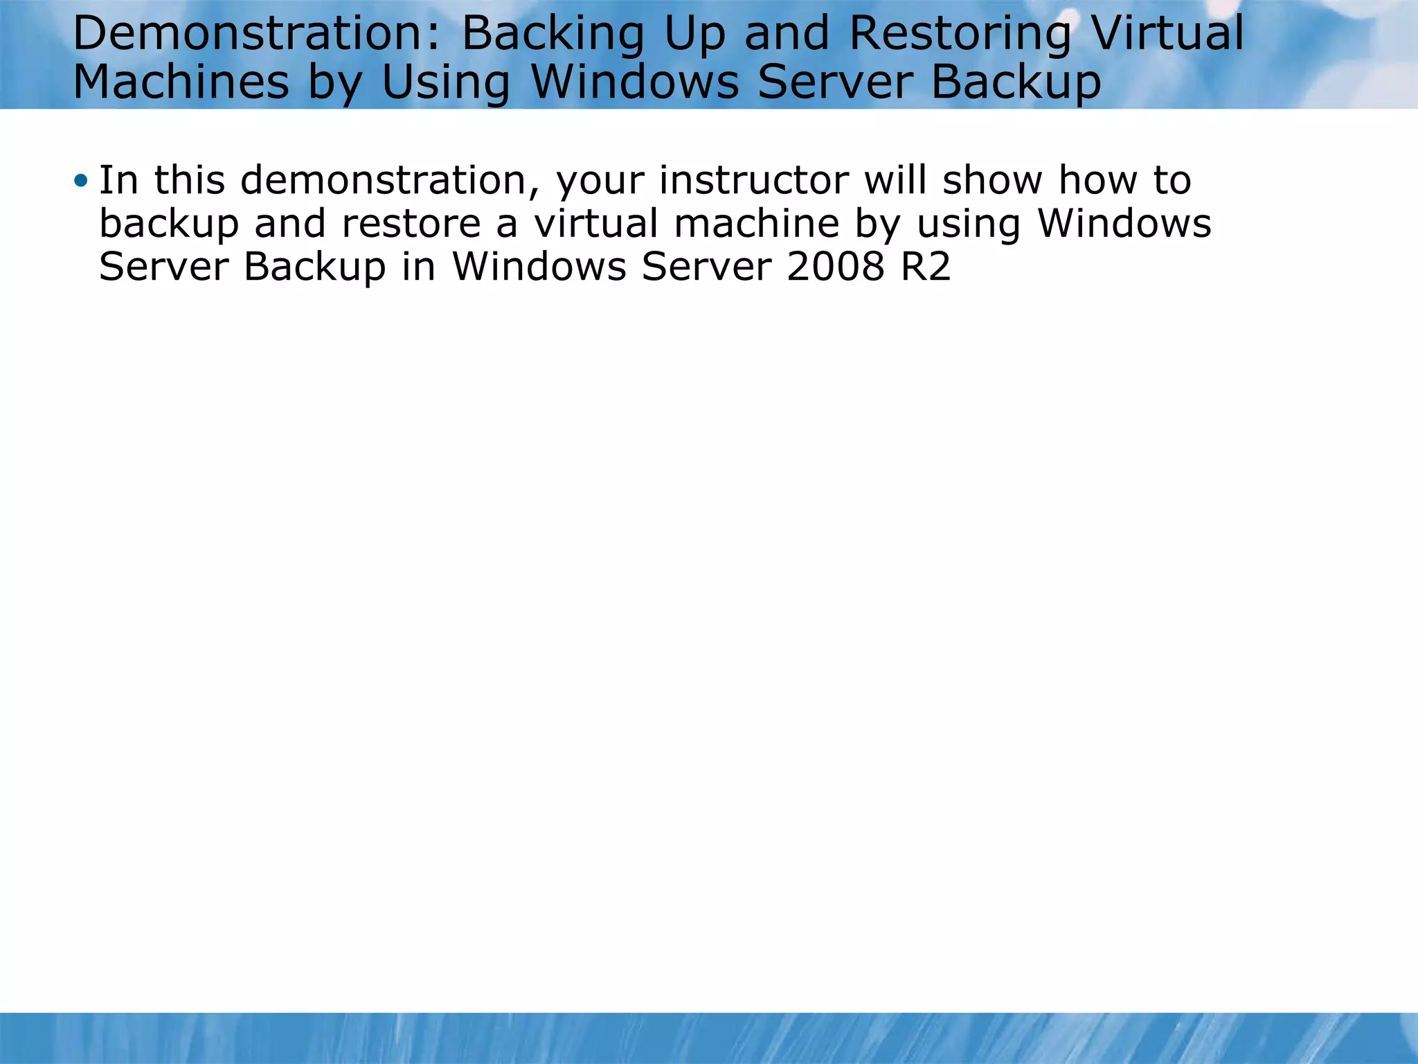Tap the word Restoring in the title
(x=960, y=34)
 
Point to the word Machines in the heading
(x=181, y=82)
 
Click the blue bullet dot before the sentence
(x=81, y=181)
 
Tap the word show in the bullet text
(x=992, y=181)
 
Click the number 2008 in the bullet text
(x=835, y=267)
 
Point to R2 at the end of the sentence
(x=926, y=267)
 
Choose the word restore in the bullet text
(x=411, y=224)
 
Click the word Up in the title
(x=694, y=35)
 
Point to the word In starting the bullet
(x=118, y=181)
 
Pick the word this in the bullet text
(x=189, y=181)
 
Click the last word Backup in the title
(x=1015, y=82)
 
